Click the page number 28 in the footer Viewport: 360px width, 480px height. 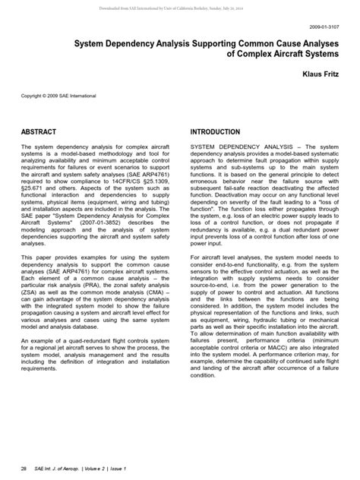pyautogui.click(x=24, y=468)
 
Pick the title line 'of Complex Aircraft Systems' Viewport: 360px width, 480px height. pyautogui.click(x=277, y=57)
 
